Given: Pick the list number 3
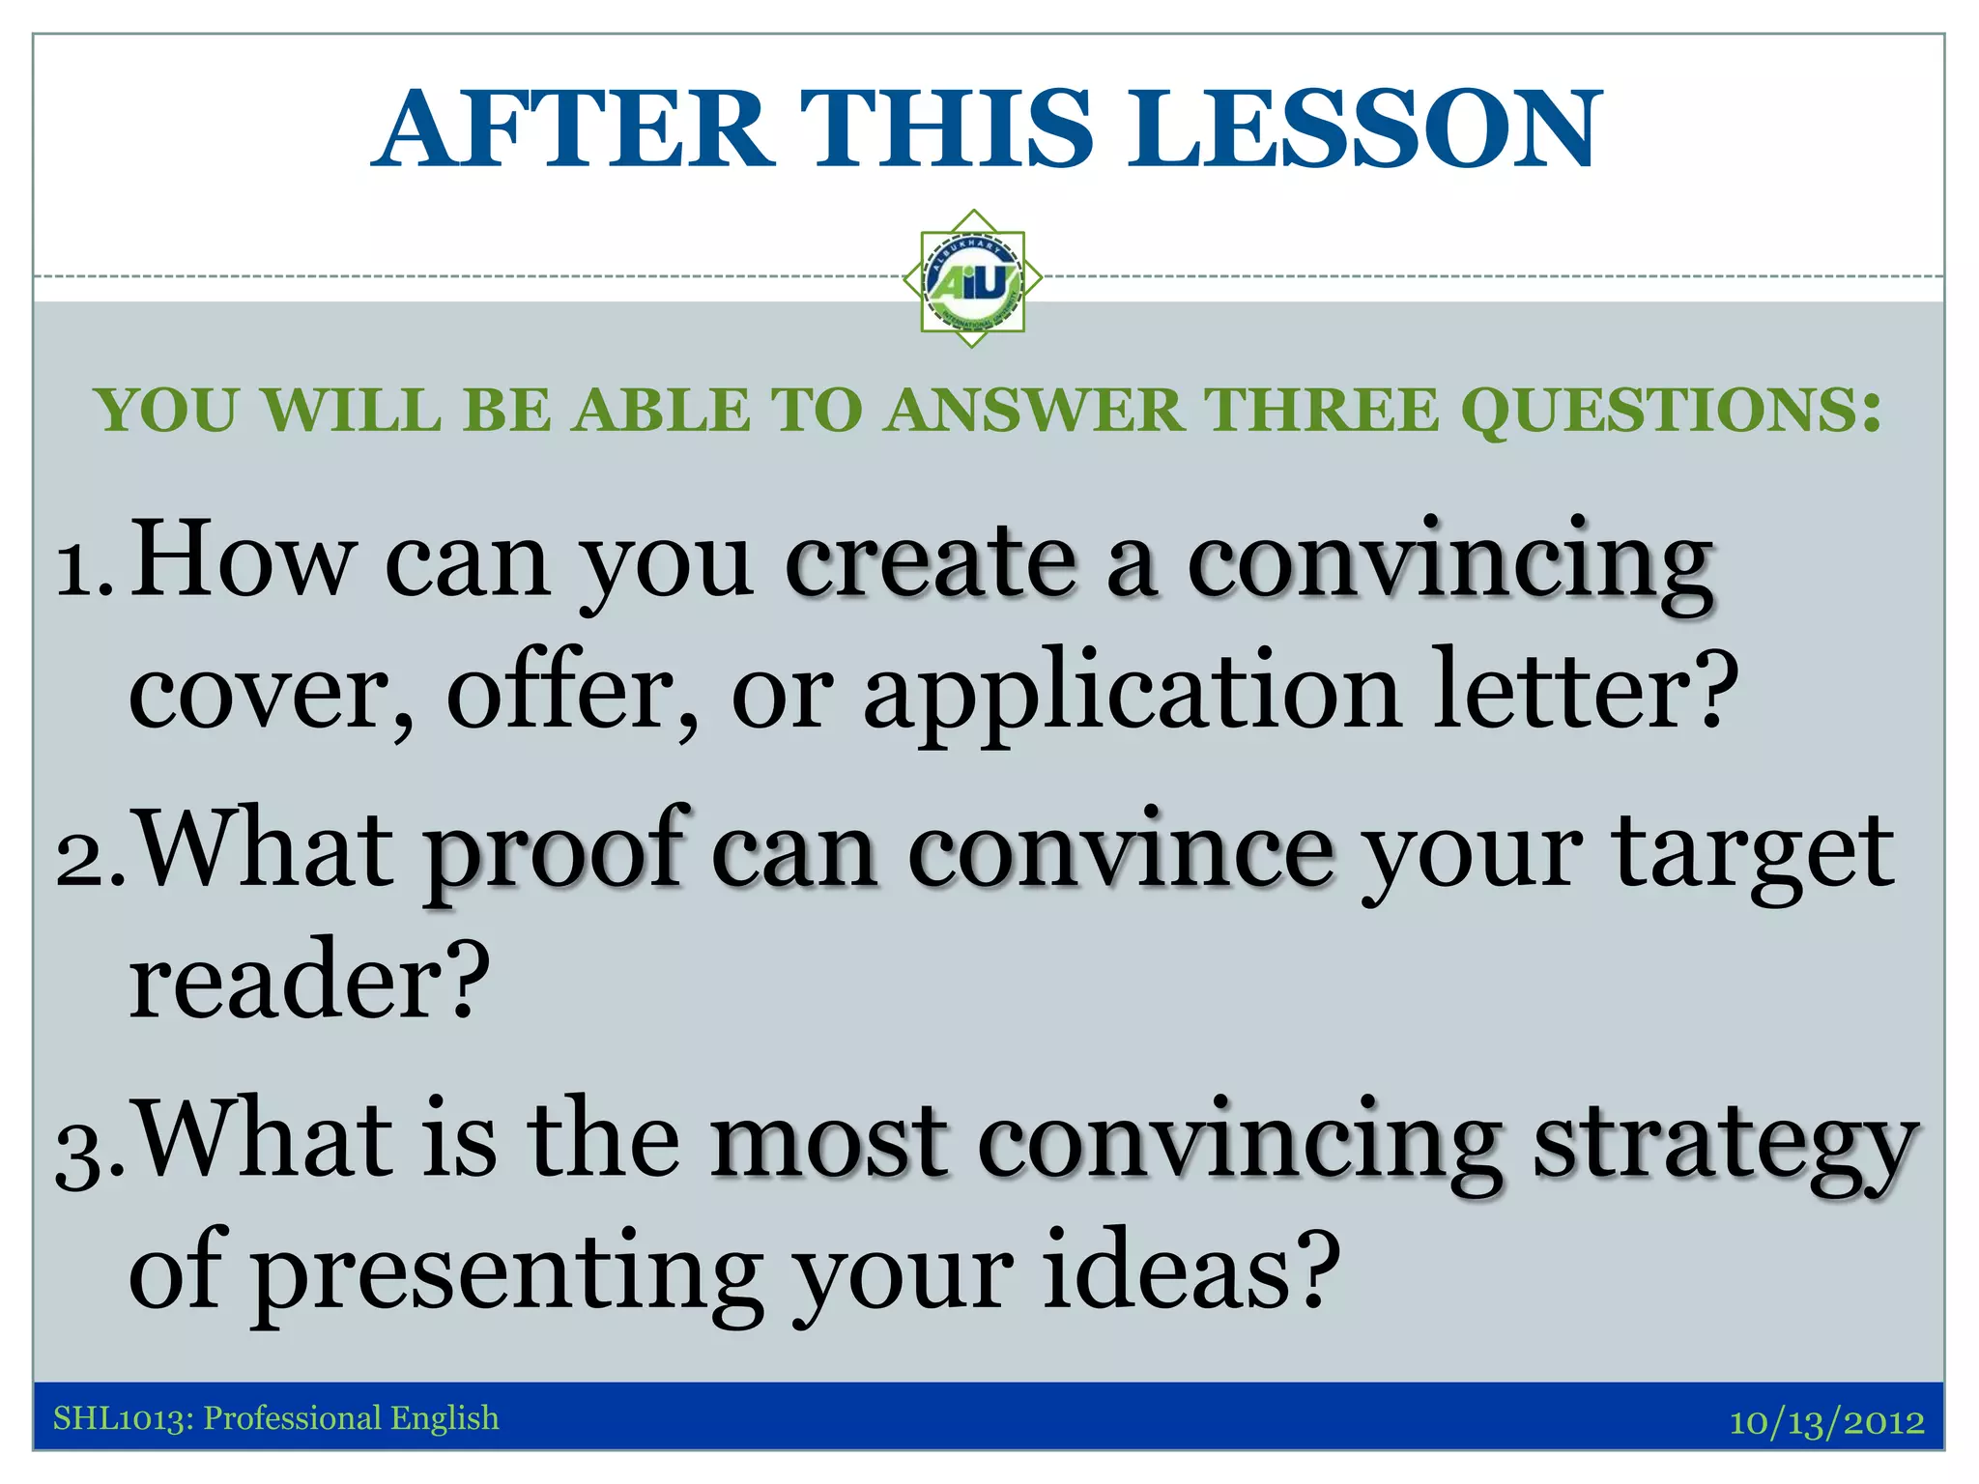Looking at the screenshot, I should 89,1150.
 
